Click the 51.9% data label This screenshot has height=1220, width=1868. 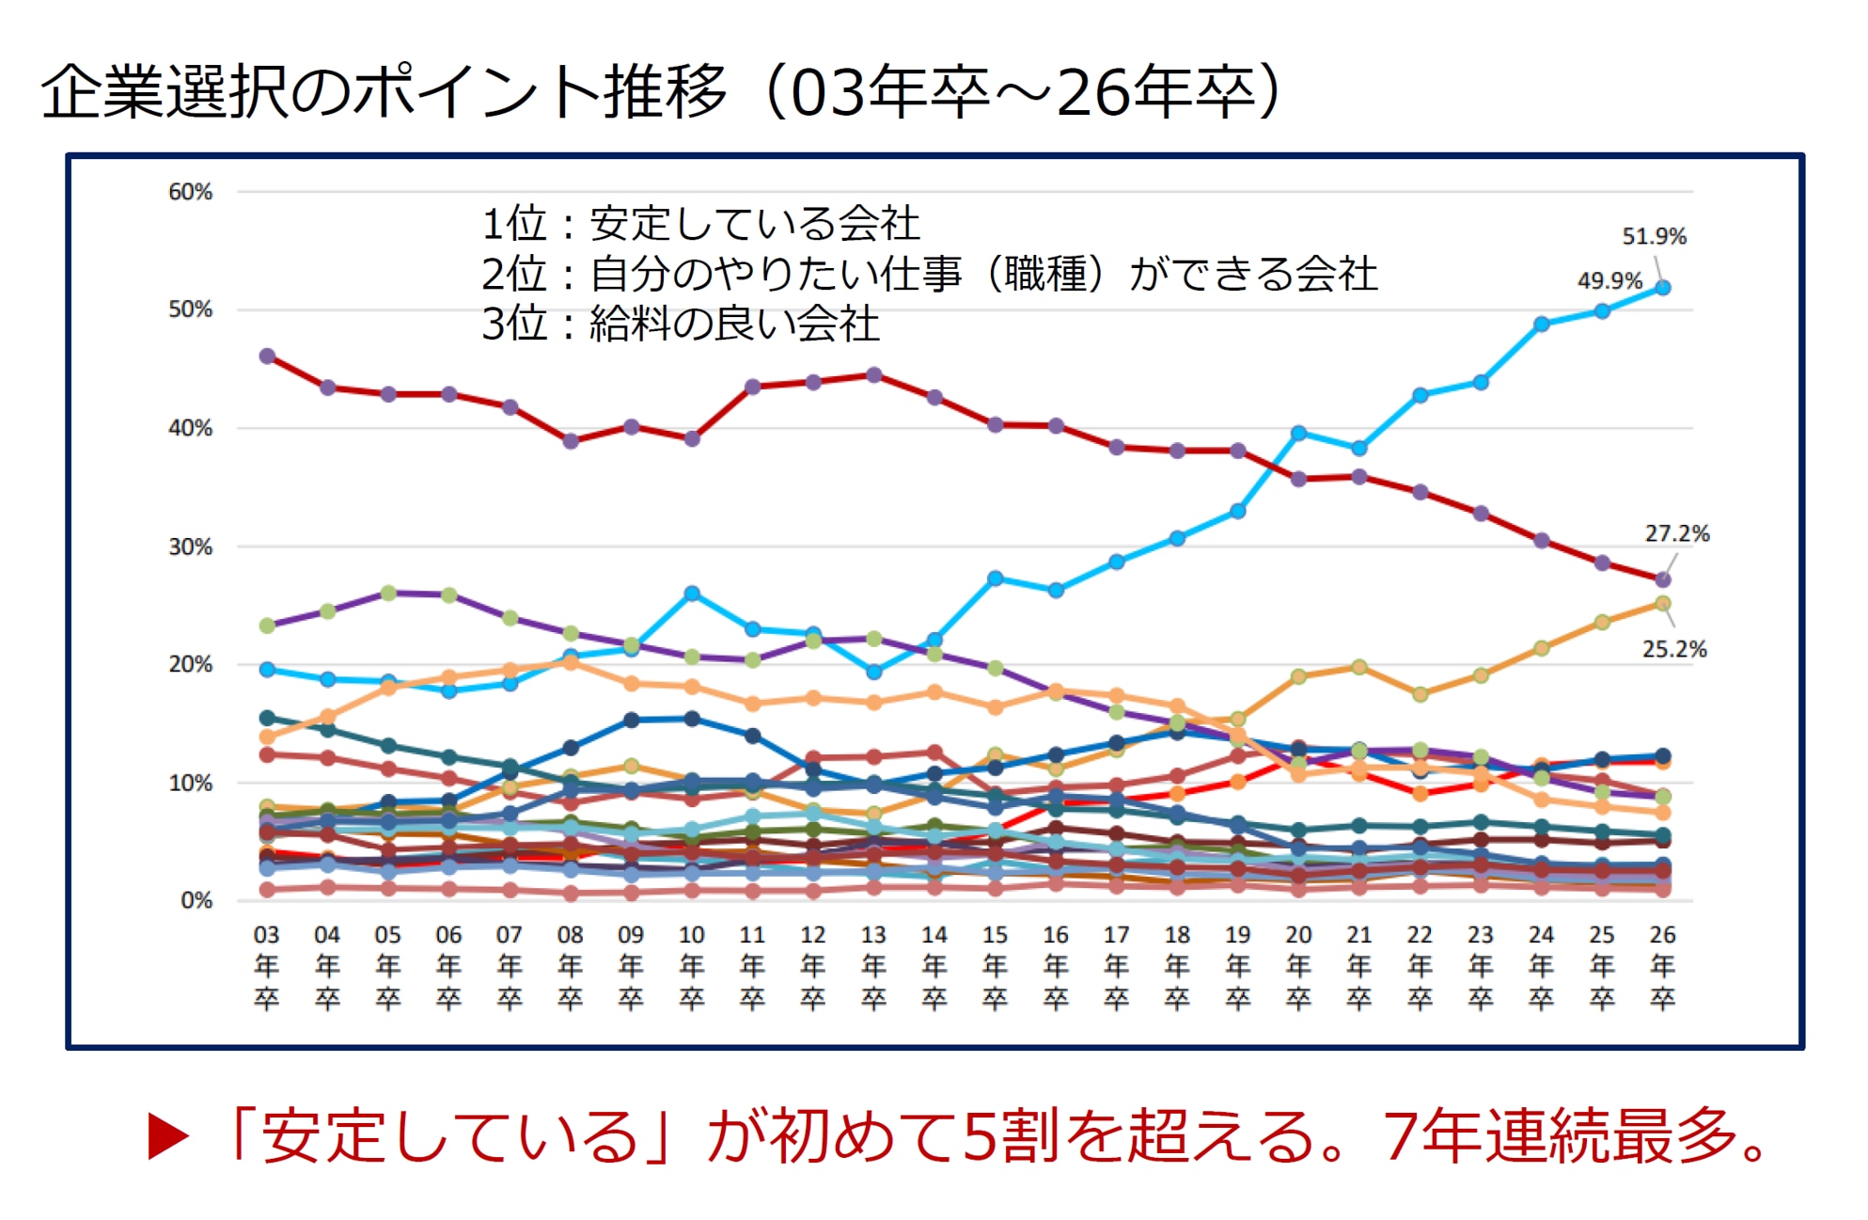1654,236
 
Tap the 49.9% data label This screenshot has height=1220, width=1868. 1609,280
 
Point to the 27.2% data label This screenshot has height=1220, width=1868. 1676,533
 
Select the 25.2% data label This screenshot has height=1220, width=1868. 1673,649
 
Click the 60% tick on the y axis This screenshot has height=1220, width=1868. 190,192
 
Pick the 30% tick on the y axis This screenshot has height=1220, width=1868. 190,547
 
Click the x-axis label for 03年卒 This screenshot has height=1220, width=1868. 267,966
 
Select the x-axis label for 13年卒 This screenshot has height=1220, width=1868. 873,966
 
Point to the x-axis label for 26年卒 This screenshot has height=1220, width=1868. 1662,966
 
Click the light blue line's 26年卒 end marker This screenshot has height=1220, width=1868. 1662,288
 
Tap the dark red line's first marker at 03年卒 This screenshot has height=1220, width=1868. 267,356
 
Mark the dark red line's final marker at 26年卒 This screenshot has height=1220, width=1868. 1662,579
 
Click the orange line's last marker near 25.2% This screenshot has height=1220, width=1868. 1662,604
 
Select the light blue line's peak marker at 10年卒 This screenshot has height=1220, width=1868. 692,594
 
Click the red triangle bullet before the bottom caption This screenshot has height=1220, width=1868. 169,1137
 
